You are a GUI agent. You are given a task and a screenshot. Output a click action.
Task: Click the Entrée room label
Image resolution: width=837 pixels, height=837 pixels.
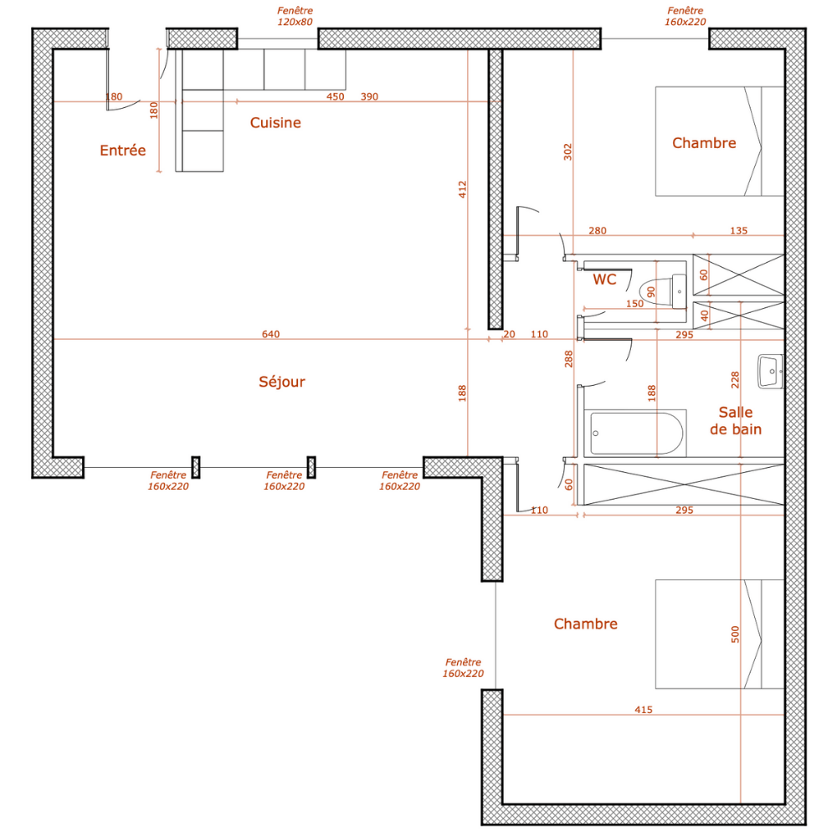122,151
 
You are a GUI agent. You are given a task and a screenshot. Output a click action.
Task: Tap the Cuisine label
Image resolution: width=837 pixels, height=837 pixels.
275,123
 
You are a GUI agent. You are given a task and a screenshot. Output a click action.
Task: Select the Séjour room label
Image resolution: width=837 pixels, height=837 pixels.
282,382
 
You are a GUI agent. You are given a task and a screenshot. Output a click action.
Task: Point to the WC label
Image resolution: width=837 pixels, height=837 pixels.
604,280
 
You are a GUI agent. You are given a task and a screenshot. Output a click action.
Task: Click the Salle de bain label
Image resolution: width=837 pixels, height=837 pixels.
735,421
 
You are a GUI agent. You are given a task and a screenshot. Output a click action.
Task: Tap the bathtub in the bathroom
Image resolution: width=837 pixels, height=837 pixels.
636,434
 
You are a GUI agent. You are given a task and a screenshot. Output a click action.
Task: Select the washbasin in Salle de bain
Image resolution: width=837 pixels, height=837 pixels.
769,372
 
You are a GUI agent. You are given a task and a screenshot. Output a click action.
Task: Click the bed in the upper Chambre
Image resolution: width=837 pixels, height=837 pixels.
719,141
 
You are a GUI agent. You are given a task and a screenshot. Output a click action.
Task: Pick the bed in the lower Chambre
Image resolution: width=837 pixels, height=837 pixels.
719,634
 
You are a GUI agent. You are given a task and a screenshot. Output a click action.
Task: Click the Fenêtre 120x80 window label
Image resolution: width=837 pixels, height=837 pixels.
295,16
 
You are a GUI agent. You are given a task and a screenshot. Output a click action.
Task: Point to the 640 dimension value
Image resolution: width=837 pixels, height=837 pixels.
270,335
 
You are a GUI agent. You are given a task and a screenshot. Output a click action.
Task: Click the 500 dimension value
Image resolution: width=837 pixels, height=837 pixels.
736,634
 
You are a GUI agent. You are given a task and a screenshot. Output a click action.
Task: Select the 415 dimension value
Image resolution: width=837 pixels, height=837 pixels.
643,710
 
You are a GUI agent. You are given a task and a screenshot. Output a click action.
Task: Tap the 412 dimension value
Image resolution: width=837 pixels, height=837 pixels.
462,189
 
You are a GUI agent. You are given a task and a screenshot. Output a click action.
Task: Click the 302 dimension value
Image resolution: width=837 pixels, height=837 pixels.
568,151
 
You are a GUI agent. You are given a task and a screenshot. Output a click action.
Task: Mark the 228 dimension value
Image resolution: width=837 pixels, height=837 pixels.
736,378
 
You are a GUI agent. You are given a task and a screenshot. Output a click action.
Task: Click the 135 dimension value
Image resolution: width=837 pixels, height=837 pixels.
739,231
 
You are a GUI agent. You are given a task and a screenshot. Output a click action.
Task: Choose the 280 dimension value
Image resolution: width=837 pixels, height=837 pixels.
598,231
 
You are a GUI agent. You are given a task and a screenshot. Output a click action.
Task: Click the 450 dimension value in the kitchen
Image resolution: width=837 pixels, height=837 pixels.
335,97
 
